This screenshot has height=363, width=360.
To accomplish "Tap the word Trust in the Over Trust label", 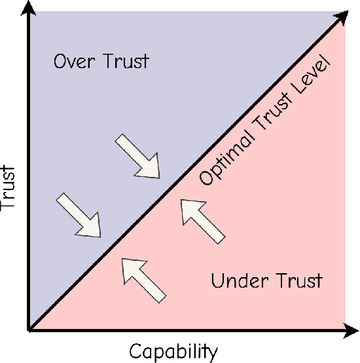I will pos(125,62).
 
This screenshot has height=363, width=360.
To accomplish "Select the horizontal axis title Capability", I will pos(173,352).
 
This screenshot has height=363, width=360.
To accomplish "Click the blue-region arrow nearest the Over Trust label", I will pos(138,156).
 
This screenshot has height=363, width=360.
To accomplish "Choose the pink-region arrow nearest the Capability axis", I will pos(143,278).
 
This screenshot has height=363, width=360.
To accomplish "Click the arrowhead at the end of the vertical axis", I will pos(29,9).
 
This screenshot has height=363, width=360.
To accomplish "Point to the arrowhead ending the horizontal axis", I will pos(351,331).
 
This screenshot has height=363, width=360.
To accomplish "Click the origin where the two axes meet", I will pos(29,330).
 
